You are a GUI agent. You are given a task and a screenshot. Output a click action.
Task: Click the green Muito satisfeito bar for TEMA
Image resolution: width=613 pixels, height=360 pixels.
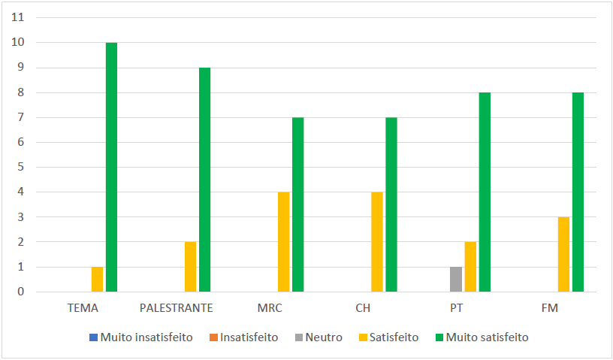point(111,167)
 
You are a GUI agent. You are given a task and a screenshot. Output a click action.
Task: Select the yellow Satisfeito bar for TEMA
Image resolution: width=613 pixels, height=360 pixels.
point(97,279)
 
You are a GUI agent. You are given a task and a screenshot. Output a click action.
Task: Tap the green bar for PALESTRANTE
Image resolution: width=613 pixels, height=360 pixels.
point(204,180)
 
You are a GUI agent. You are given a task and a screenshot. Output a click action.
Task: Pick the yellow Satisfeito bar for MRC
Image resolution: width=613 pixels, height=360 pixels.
point(283,241)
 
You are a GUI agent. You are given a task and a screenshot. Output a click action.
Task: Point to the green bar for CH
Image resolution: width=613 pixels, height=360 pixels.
point(391,204)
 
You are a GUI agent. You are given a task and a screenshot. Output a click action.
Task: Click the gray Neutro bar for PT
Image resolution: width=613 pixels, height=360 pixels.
point(455,279)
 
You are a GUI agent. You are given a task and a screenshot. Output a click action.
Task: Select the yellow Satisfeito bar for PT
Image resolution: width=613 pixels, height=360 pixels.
point(470,267)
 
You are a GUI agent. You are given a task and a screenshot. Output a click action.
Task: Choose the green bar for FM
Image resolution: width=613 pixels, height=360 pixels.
point(578,192)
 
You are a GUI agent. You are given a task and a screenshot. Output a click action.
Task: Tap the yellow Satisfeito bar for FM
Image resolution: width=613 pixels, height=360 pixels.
point(563,254)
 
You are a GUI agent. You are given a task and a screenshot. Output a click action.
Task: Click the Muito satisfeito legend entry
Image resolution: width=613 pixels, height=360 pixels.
point(481,337)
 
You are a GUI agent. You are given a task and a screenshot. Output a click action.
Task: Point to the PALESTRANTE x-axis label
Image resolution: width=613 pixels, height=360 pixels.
point(177,308)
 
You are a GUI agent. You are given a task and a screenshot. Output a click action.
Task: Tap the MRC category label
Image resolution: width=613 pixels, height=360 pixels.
point(270,308)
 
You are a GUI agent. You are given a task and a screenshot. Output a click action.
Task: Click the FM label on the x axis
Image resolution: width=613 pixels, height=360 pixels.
point(549,308)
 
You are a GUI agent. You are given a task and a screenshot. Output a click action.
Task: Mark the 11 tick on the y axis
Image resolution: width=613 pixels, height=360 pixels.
point(19,17)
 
